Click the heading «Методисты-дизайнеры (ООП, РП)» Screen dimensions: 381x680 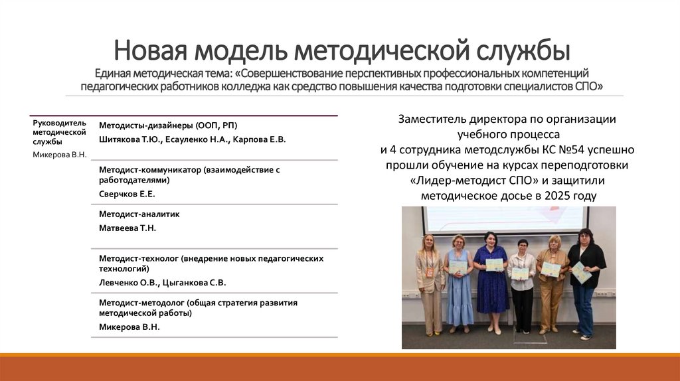pos(167,125)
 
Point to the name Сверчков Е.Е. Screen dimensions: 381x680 pos(127,194)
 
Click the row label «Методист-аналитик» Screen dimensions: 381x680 pos(139,214)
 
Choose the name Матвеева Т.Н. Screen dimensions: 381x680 pos(127,228)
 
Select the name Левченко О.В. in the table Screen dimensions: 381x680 pos(129,282)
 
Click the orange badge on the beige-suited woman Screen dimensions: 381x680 pos(428,272)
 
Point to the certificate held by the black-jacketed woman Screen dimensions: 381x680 pos(581,272)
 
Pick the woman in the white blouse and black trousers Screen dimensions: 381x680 pos(522,285)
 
